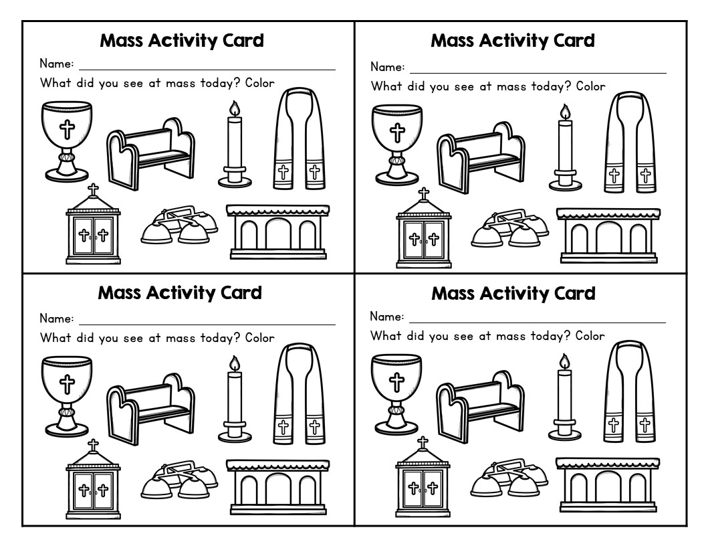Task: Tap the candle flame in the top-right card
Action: [x=565, y=112]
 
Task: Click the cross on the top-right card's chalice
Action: [x=396, y=131]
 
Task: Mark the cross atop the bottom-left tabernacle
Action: [x=93, y=446]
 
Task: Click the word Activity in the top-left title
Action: [x=181, y=41]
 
